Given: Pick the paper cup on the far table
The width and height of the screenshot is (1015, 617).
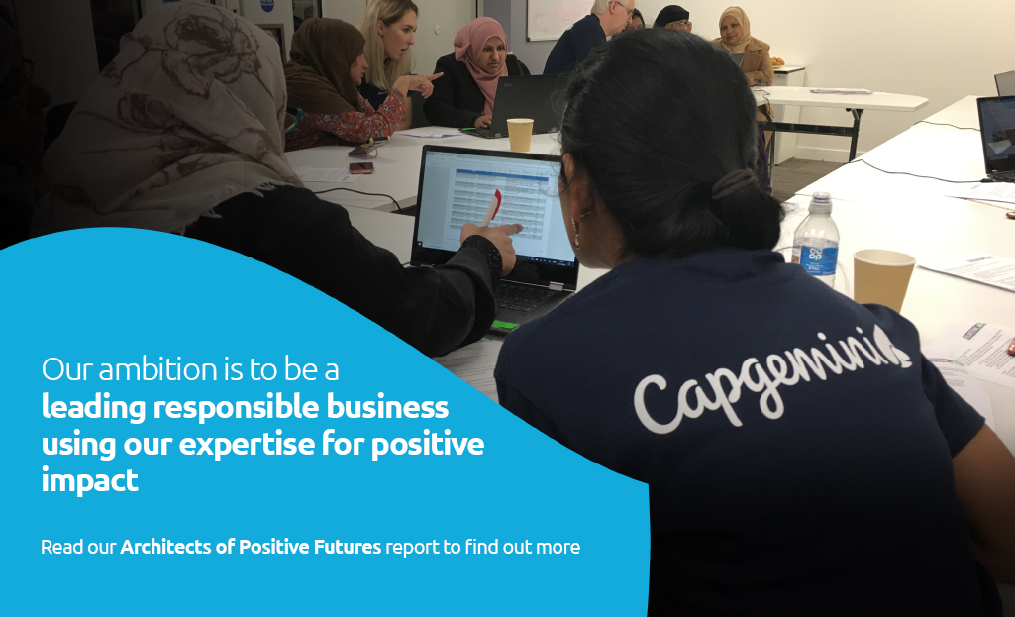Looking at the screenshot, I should (x=520, y=134).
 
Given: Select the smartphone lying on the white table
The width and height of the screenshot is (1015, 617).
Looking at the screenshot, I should (x=361, y=167).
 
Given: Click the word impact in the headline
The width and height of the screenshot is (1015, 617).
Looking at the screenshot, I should (x=90, y=480).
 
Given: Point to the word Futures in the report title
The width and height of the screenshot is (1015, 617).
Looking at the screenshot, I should (x=346, y=547).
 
